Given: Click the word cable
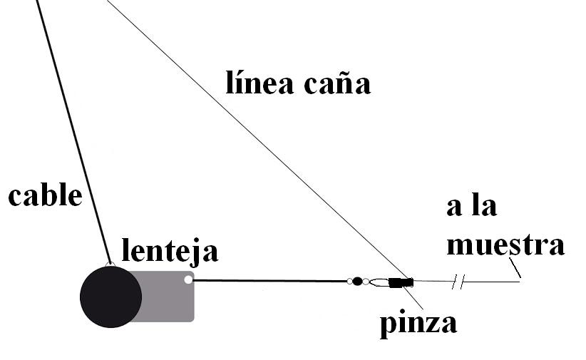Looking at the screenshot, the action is tap(45, 195).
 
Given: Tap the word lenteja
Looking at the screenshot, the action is tap(170, 251).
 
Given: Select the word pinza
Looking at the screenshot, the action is tap(418, 324).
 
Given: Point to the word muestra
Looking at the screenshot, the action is tap(505, 245).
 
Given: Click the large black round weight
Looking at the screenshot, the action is tap(110, 297).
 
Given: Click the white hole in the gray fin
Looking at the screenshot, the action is tap(188, 279).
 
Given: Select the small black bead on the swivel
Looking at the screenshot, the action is tap(358, 281).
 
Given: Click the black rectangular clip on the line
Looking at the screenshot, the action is tap(401, 282).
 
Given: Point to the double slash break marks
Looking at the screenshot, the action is tap(458, 283).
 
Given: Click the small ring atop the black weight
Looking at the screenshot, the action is tap(110, 265).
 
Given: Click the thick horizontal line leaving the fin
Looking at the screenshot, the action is tap(271, 280).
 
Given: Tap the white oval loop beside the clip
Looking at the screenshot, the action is tap(380, 282).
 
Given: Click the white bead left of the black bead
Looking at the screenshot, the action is tap(349, 281).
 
